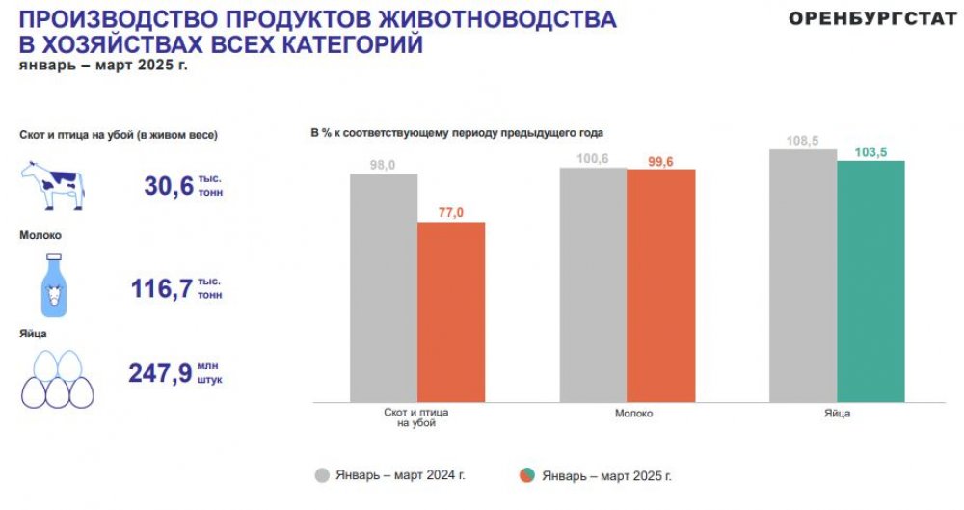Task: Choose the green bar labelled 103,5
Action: click(x=870, y=281)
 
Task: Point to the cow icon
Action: click(x=52, y=184)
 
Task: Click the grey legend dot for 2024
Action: click(x=323, y=474)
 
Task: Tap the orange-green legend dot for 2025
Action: click(x=526, y=474)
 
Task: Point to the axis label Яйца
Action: click(x=837, y=413)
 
